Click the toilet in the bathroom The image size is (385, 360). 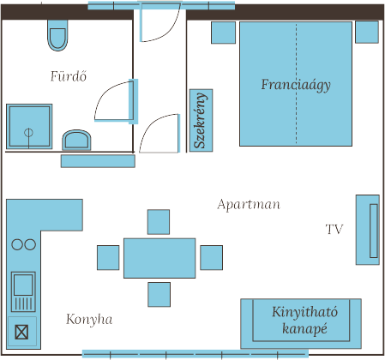(57, 35)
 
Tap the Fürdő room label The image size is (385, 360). (69, 76)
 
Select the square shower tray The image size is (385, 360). (29, 126)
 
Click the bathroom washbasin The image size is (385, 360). (76, 140)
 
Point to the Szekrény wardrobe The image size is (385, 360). (201, 120)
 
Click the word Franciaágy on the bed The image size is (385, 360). (296, 85)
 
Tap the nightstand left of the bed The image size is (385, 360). (224, 33)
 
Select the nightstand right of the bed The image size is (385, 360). (367, 32)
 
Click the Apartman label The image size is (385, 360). (249, 205)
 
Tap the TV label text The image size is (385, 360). (334, 229)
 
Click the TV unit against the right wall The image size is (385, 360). (368, 230)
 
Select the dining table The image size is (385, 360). (159, 258)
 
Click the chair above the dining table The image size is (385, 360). (159, 222)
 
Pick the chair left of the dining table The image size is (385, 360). (108, 257)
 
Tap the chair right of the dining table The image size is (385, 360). (212, 257)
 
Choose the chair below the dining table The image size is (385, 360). (159, 295)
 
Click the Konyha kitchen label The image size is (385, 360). (89, 319)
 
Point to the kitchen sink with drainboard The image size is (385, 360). (23, 291)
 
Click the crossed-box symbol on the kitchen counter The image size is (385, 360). (21, 333)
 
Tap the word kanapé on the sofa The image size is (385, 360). (304, 329)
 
